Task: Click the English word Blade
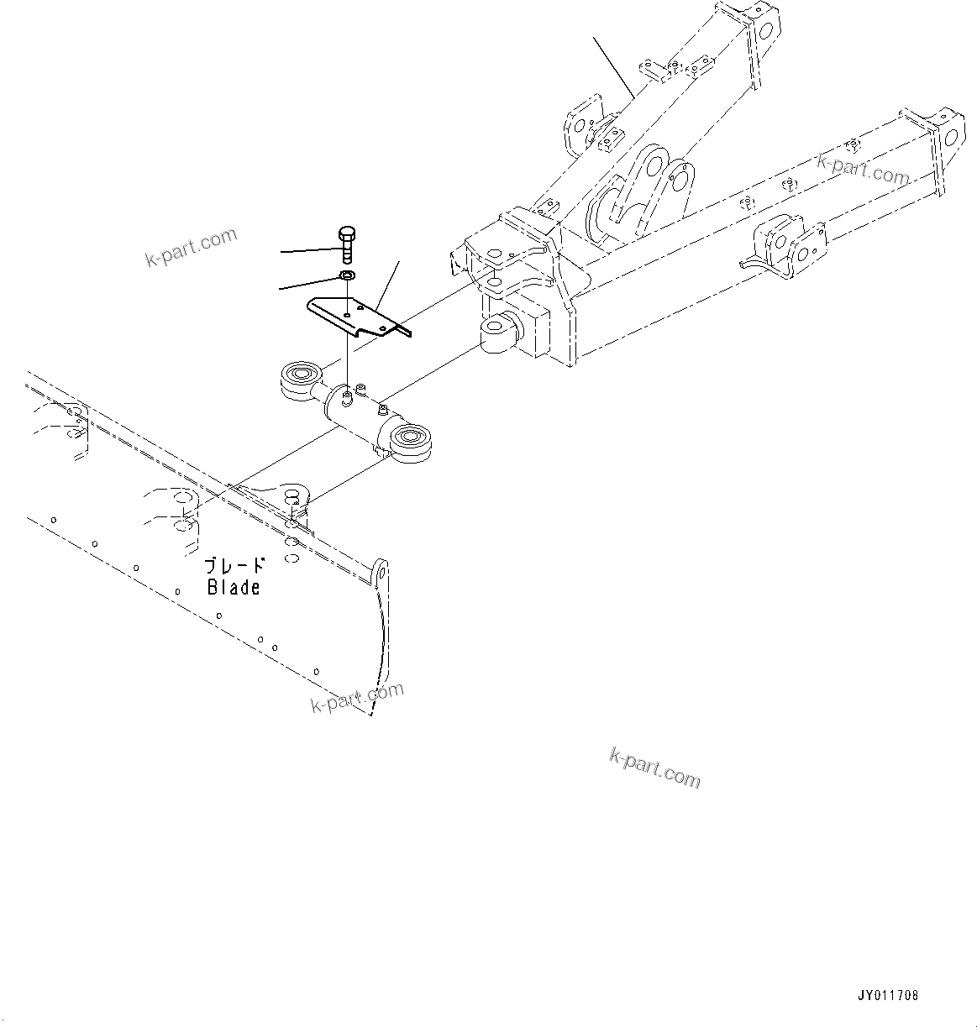click(x=234, y=587)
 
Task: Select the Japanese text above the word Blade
click(x=234, y=566)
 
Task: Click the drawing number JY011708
click(x=888, y=996)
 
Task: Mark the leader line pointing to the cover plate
click(x=387, y=282)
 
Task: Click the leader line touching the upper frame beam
click(x=612, y=66)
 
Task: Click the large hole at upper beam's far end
click(x=766, y=29)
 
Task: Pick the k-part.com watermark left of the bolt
click(x=191, y=248)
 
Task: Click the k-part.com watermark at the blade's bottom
click(x=357, y=697)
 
